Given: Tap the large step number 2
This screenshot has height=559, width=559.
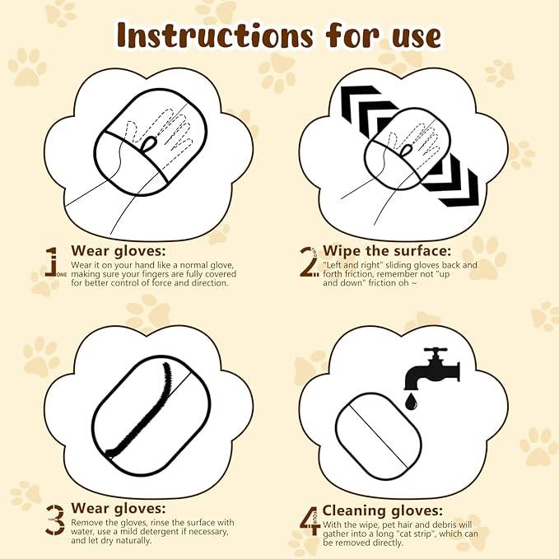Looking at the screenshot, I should point(309,263).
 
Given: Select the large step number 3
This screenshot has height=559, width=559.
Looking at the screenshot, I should point(54,519).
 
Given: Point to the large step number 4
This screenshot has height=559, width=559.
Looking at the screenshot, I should point(310,519).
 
